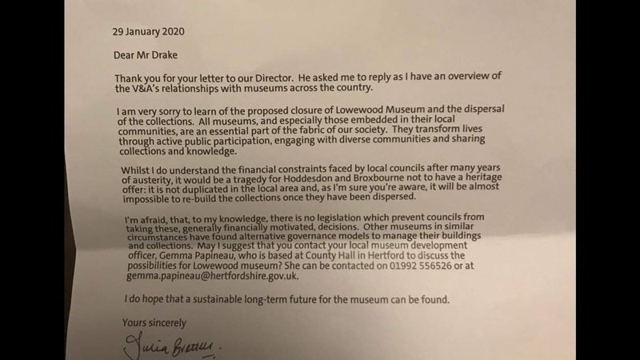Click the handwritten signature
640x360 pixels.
[x=167, y=346]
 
